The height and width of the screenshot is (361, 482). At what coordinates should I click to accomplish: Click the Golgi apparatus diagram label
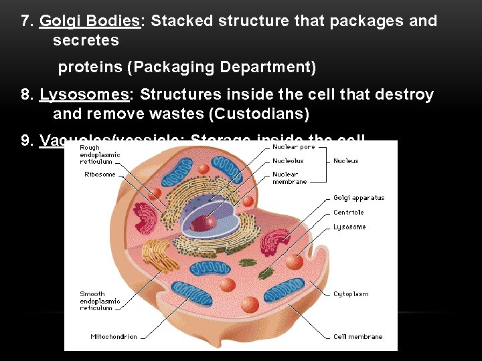(359, 198)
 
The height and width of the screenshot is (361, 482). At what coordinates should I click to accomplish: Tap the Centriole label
(348, 213)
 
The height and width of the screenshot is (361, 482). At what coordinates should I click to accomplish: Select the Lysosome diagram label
(349, 227)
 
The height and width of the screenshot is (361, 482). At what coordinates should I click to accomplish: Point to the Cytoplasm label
(351, 294)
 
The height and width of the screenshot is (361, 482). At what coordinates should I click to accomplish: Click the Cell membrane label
(357, 337)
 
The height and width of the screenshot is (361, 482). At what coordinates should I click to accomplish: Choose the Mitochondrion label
(114, 337)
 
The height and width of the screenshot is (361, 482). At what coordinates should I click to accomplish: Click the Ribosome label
(100, 174)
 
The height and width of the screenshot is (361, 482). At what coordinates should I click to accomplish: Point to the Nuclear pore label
(293, 147)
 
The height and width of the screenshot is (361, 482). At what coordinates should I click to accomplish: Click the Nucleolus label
(288, 161)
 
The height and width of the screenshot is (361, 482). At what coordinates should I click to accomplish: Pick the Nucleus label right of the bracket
(345, 161)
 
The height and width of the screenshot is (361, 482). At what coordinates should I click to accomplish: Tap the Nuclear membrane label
(289, 178)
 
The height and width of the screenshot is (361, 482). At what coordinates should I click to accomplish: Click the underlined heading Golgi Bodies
(90, 21)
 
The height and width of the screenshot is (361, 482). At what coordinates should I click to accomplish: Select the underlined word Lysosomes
(84, 95)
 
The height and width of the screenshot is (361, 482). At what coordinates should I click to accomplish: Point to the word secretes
(86, 41)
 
